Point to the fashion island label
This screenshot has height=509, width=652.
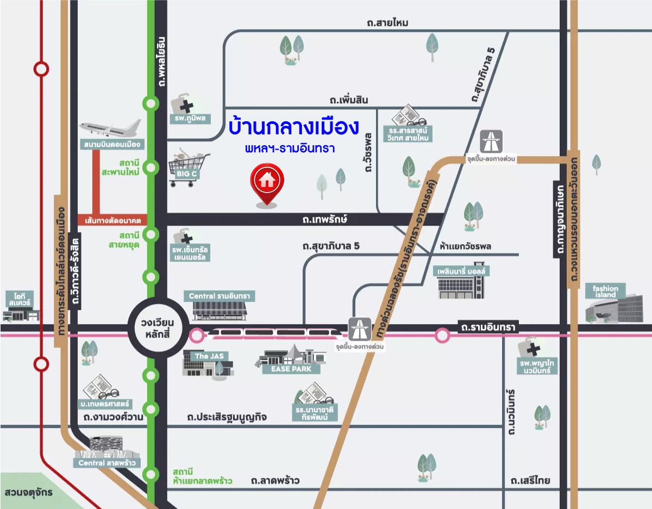[605, 291]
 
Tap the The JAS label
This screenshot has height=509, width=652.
[209, 356]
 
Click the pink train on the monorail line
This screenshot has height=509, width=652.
[277, 332]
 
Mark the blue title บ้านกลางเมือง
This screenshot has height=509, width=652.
[293, 127]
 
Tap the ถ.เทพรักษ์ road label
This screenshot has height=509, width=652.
[325, 220]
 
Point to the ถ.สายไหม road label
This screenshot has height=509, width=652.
[387, 23]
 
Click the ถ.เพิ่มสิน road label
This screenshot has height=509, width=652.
[349, 100]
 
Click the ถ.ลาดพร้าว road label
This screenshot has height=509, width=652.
[275, 481]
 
